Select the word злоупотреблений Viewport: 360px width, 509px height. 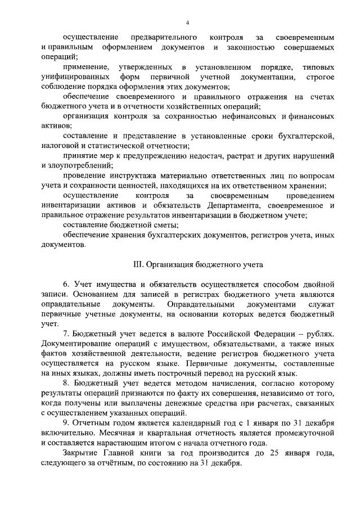[x=73, y=165]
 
